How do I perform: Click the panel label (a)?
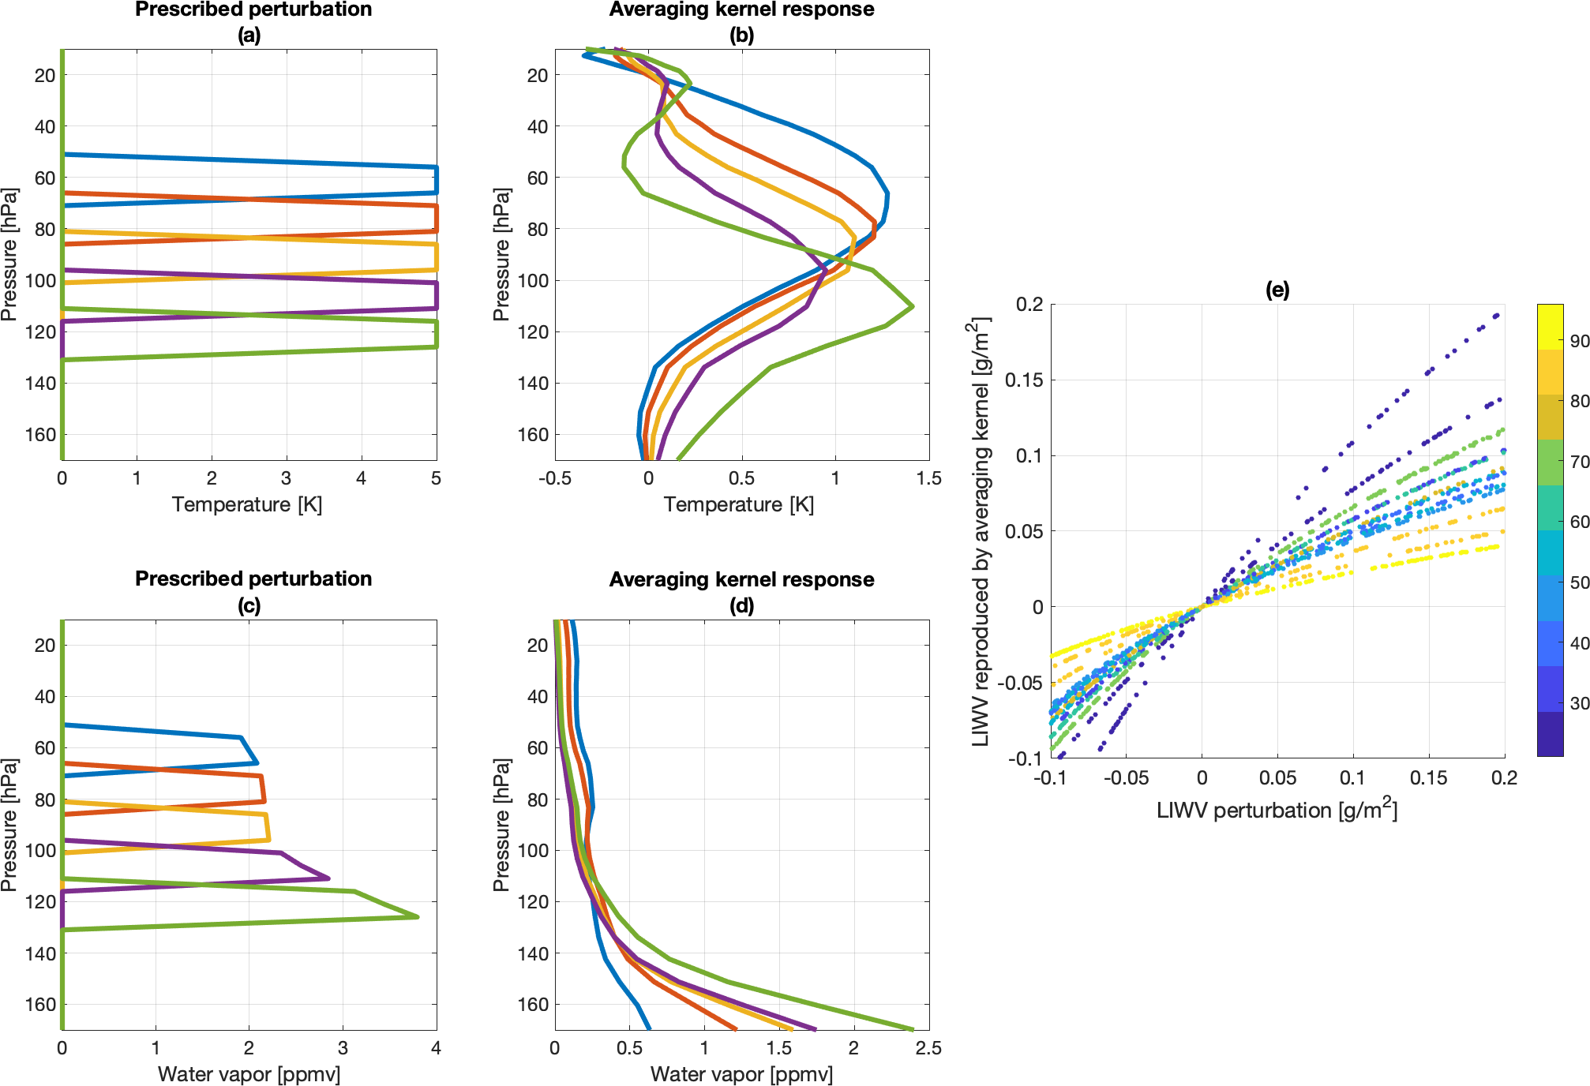coord(249,35)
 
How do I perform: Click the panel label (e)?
coord(1277,290)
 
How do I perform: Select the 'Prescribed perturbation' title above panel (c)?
coord(253,579)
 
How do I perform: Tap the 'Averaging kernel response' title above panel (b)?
coord(741,9)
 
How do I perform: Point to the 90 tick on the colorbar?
coord(1579,341)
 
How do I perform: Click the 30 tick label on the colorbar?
coord(1579,703)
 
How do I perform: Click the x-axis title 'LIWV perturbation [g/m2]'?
coord(1277,810)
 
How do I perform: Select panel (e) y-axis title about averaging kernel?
coord(981,531)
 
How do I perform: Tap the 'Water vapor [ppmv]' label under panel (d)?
coord(741,1074)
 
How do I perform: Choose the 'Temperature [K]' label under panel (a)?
coord(247,504)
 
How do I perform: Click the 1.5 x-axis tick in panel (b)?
coord(928,478)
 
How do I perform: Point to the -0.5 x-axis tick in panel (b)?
coord(555,478)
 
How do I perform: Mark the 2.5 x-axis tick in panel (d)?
coord(928,1048)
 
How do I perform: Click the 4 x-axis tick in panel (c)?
coord(436,1048)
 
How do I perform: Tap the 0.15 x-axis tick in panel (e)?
coord(1428,778)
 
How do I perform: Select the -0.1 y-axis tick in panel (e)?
coord(1026,758)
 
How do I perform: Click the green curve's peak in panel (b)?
coord(912,306)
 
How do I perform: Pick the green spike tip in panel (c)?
coord(417,916)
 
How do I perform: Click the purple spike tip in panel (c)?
coord(328,878)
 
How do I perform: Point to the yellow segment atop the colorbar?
coord(1550,327)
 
